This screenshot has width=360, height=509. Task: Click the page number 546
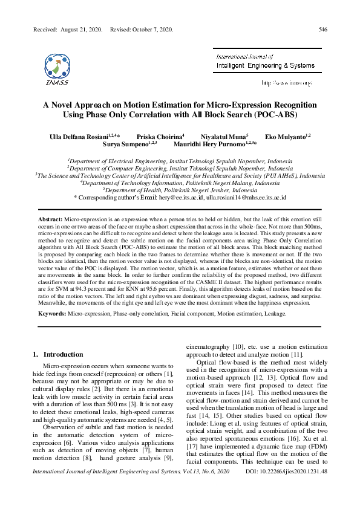(x=323, y=30)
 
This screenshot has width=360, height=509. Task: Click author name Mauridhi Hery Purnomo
(x=214, y=145)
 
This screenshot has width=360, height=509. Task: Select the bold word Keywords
(x=52, y=315)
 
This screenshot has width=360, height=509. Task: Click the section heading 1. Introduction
(x=59, y=354)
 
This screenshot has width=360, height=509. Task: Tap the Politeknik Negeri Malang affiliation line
(x=180, y=183)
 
